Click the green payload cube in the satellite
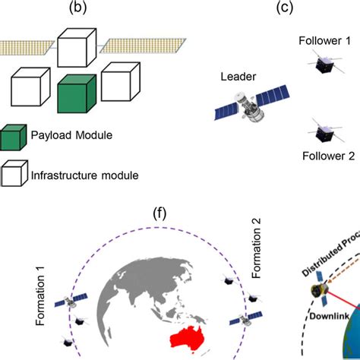pyautogui.click(x=77, y=93)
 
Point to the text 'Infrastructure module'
pyautogui.click(x=84, y=175)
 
